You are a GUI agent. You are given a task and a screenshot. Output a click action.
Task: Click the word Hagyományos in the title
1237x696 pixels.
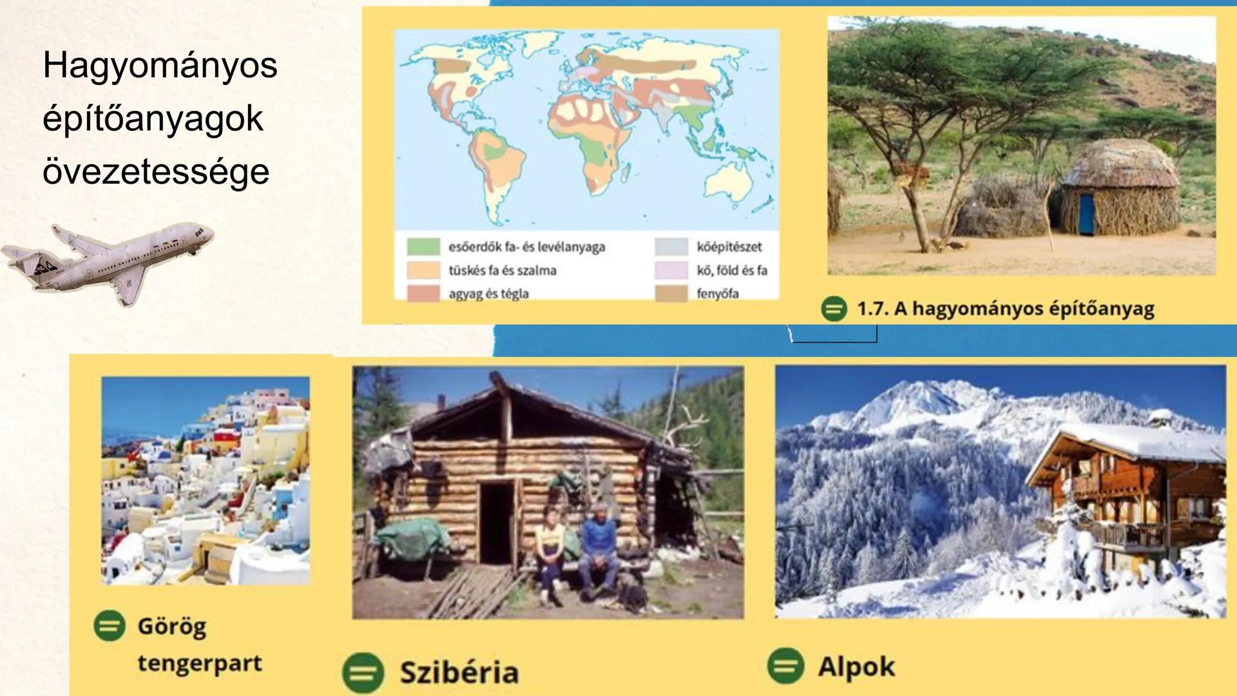[x=160, y=66]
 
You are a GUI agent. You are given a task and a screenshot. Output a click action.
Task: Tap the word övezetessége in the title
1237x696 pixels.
[x=156, y=172]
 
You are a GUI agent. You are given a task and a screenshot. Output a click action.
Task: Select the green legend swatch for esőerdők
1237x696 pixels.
[x=423, y=247]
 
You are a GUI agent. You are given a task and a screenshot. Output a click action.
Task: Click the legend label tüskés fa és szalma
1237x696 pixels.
[x=503, y=271]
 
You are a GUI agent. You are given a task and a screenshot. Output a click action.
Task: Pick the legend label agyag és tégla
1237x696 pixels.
[x=488, y=294]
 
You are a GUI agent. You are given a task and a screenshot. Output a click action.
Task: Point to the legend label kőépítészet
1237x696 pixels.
[x=729, y=247]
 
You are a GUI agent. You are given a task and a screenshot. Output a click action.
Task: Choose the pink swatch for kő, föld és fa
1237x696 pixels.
[x=671, y=271]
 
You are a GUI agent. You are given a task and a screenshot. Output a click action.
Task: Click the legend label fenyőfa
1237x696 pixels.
[x=717, y=294]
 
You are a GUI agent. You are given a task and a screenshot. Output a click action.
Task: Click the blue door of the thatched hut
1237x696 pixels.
[x=1086, y=214]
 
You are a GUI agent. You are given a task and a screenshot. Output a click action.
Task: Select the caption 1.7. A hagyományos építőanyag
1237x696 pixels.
[x=1005, y=309]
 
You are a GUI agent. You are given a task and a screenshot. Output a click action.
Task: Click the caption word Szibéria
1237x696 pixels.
[x=459, y=673]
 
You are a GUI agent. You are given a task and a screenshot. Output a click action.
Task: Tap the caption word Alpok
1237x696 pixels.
[x=856, y=667]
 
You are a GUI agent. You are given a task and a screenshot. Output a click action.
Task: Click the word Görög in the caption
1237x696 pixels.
[x=172, y=626]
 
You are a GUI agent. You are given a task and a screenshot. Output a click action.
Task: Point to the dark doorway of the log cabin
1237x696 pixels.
[x=496, y=522]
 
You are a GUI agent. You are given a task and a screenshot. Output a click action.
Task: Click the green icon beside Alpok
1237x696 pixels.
[x=786, y=666]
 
